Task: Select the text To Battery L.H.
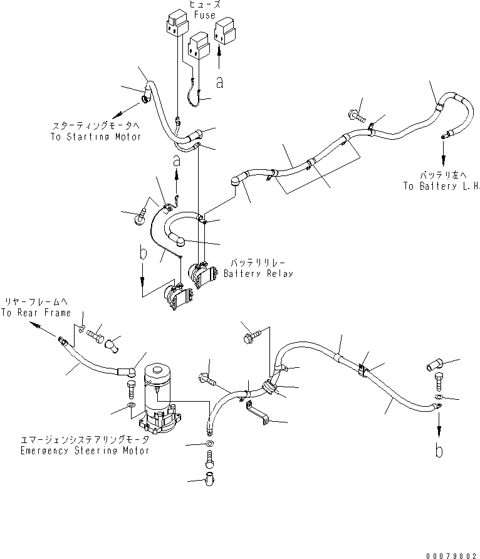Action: pos(442,187)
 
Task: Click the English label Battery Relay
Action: pos(258,274)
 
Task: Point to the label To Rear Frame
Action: pos(35,313)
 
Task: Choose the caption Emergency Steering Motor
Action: pos(85,451)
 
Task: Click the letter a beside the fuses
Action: pos(219,81)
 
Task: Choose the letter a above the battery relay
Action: pos(177,160)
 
